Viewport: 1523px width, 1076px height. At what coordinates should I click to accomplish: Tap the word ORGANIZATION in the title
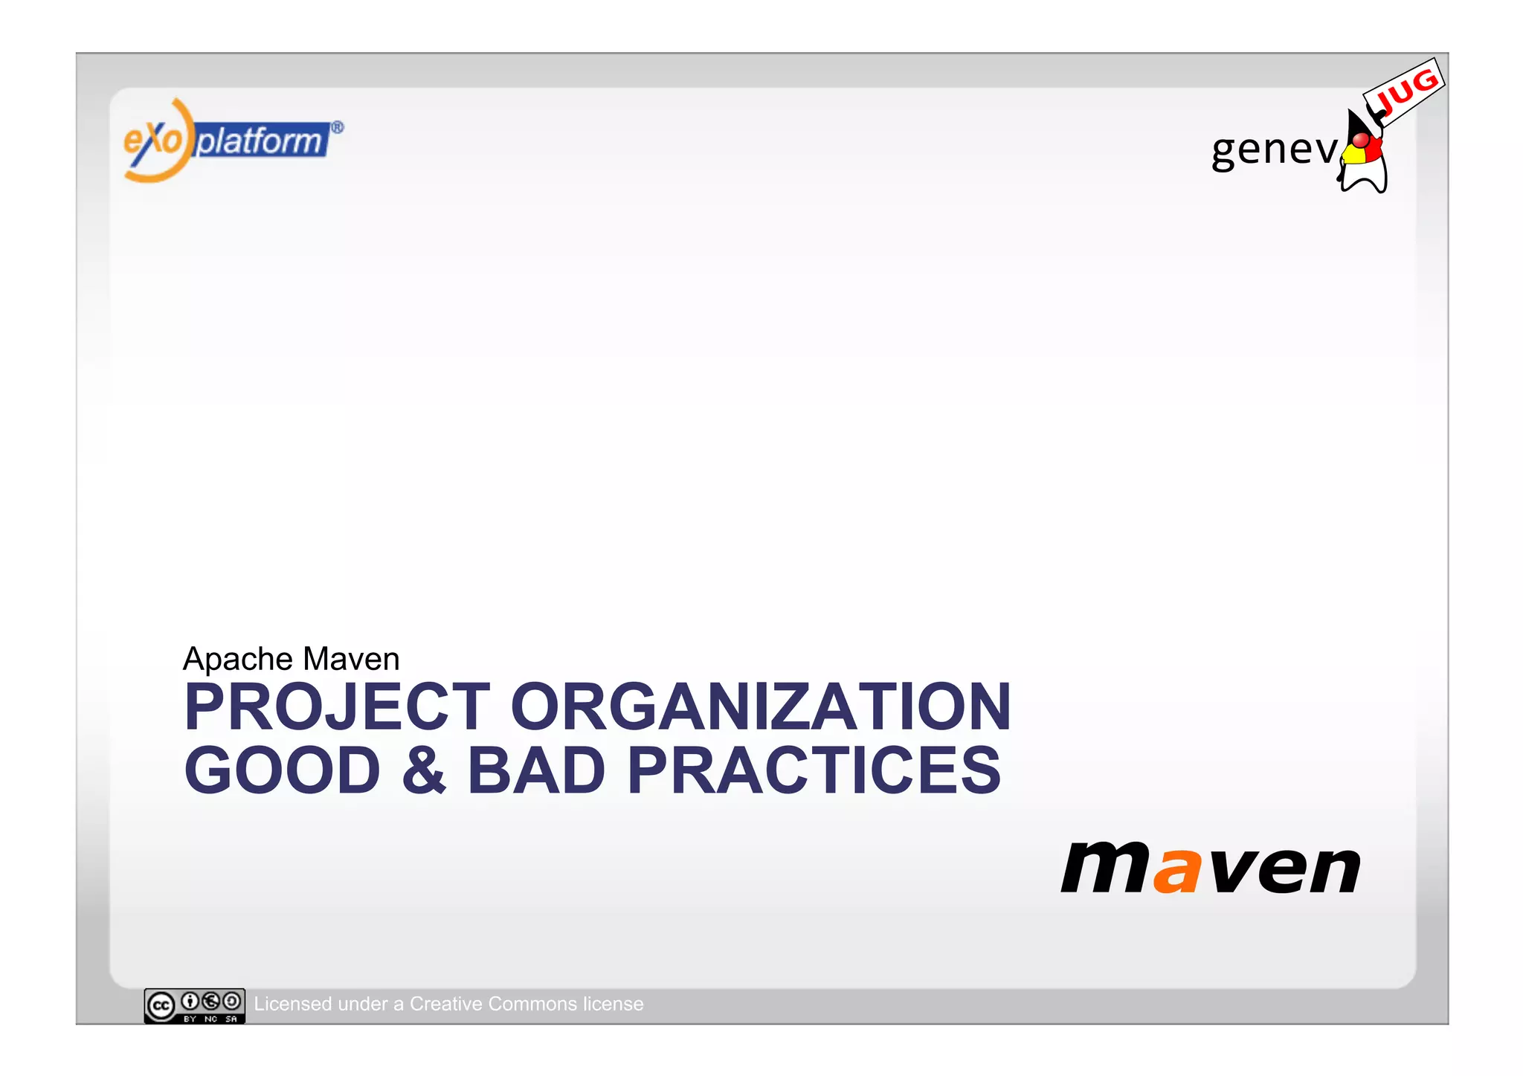click(760, 707)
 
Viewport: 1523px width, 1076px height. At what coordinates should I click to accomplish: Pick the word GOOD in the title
click(283, 770)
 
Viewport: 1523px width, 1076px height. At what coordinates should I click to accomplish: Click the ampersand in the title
click(424, 770)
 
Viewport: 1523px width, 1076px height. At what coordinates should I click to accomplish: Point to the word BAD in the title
click(535, 770)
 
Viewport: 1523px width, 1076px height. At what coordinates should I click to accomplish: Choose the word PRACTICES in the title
click(814, 770)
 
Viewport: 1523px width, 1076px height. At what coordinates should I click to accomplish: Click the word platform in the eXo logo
click(260, 141)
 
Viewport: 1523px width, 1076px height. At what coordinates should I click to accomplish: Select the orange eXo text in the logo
click(152, 140)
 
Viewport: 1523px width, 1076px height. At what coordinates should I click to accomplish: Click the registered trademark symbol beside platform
click(337, 127)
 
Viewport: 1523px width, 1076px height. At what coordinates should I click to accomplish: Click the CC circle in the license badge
click(161, 1006)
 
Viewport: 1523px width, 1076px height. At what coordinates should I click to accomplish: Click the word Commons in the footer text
click(532, 1004)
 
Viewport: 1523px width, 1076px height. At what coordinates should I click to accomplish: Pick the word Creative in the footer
click(445, 1004)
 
